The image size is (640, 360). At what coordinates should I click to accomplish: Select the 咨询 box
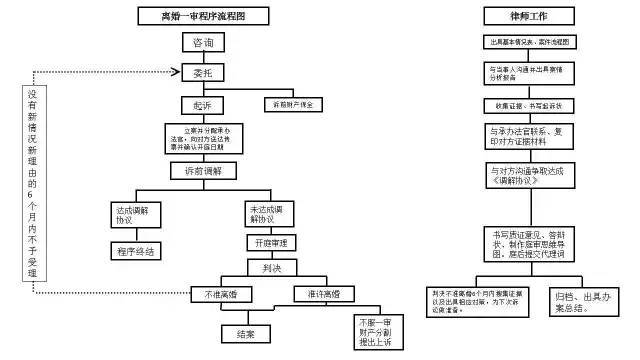coord(195,43)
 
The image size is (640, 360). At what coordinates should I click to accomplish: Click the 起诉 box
coord(195,103)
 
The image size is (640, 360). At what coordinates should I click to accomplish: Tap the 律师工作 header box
coord(528,17)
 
